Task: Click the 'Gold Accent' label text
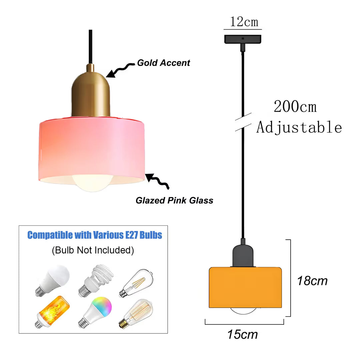163,63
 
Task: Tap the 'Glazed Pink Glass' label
174,200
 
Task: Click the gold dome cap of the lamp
91,94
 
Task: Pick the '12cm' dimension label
244,22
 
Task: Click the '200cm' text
295,107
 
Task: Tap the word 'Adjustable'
299,127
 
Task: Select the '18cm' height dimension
312,281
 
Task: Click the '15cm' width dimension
242,334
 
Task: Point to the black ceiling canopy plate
243,39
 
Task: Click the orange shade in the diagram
245,287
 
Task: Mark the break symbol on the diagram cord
243,122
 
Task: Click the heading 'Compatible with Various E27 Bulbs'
95,235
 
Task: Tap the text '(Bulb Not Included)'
93,250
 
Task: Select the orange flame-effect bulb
52,312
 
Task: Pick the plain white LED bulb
52,281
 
